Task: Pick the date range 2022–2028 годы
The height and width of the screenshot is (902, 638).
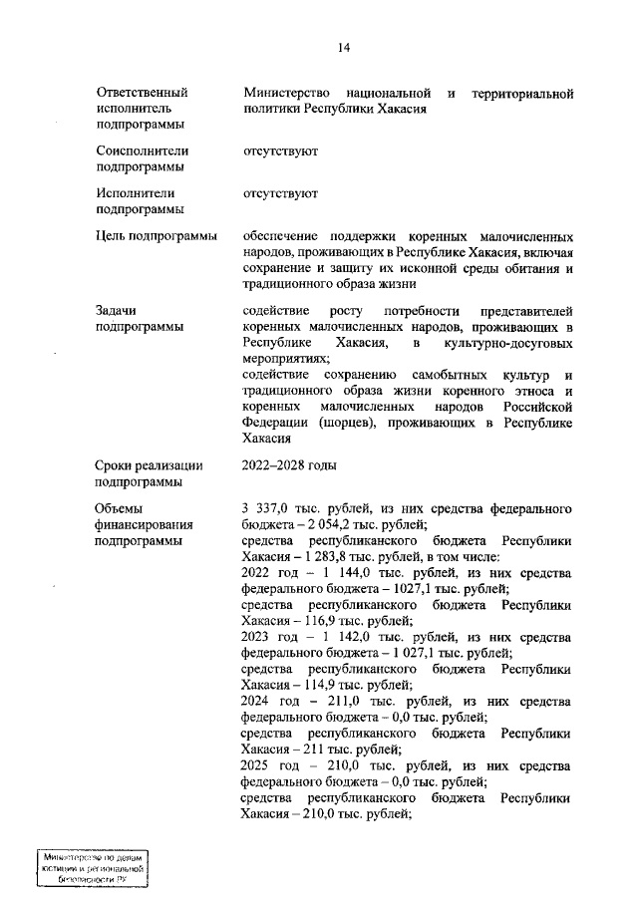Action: [290, 465]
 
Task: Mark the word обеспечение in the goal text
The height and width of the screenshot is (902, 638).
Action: [284, 236]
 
